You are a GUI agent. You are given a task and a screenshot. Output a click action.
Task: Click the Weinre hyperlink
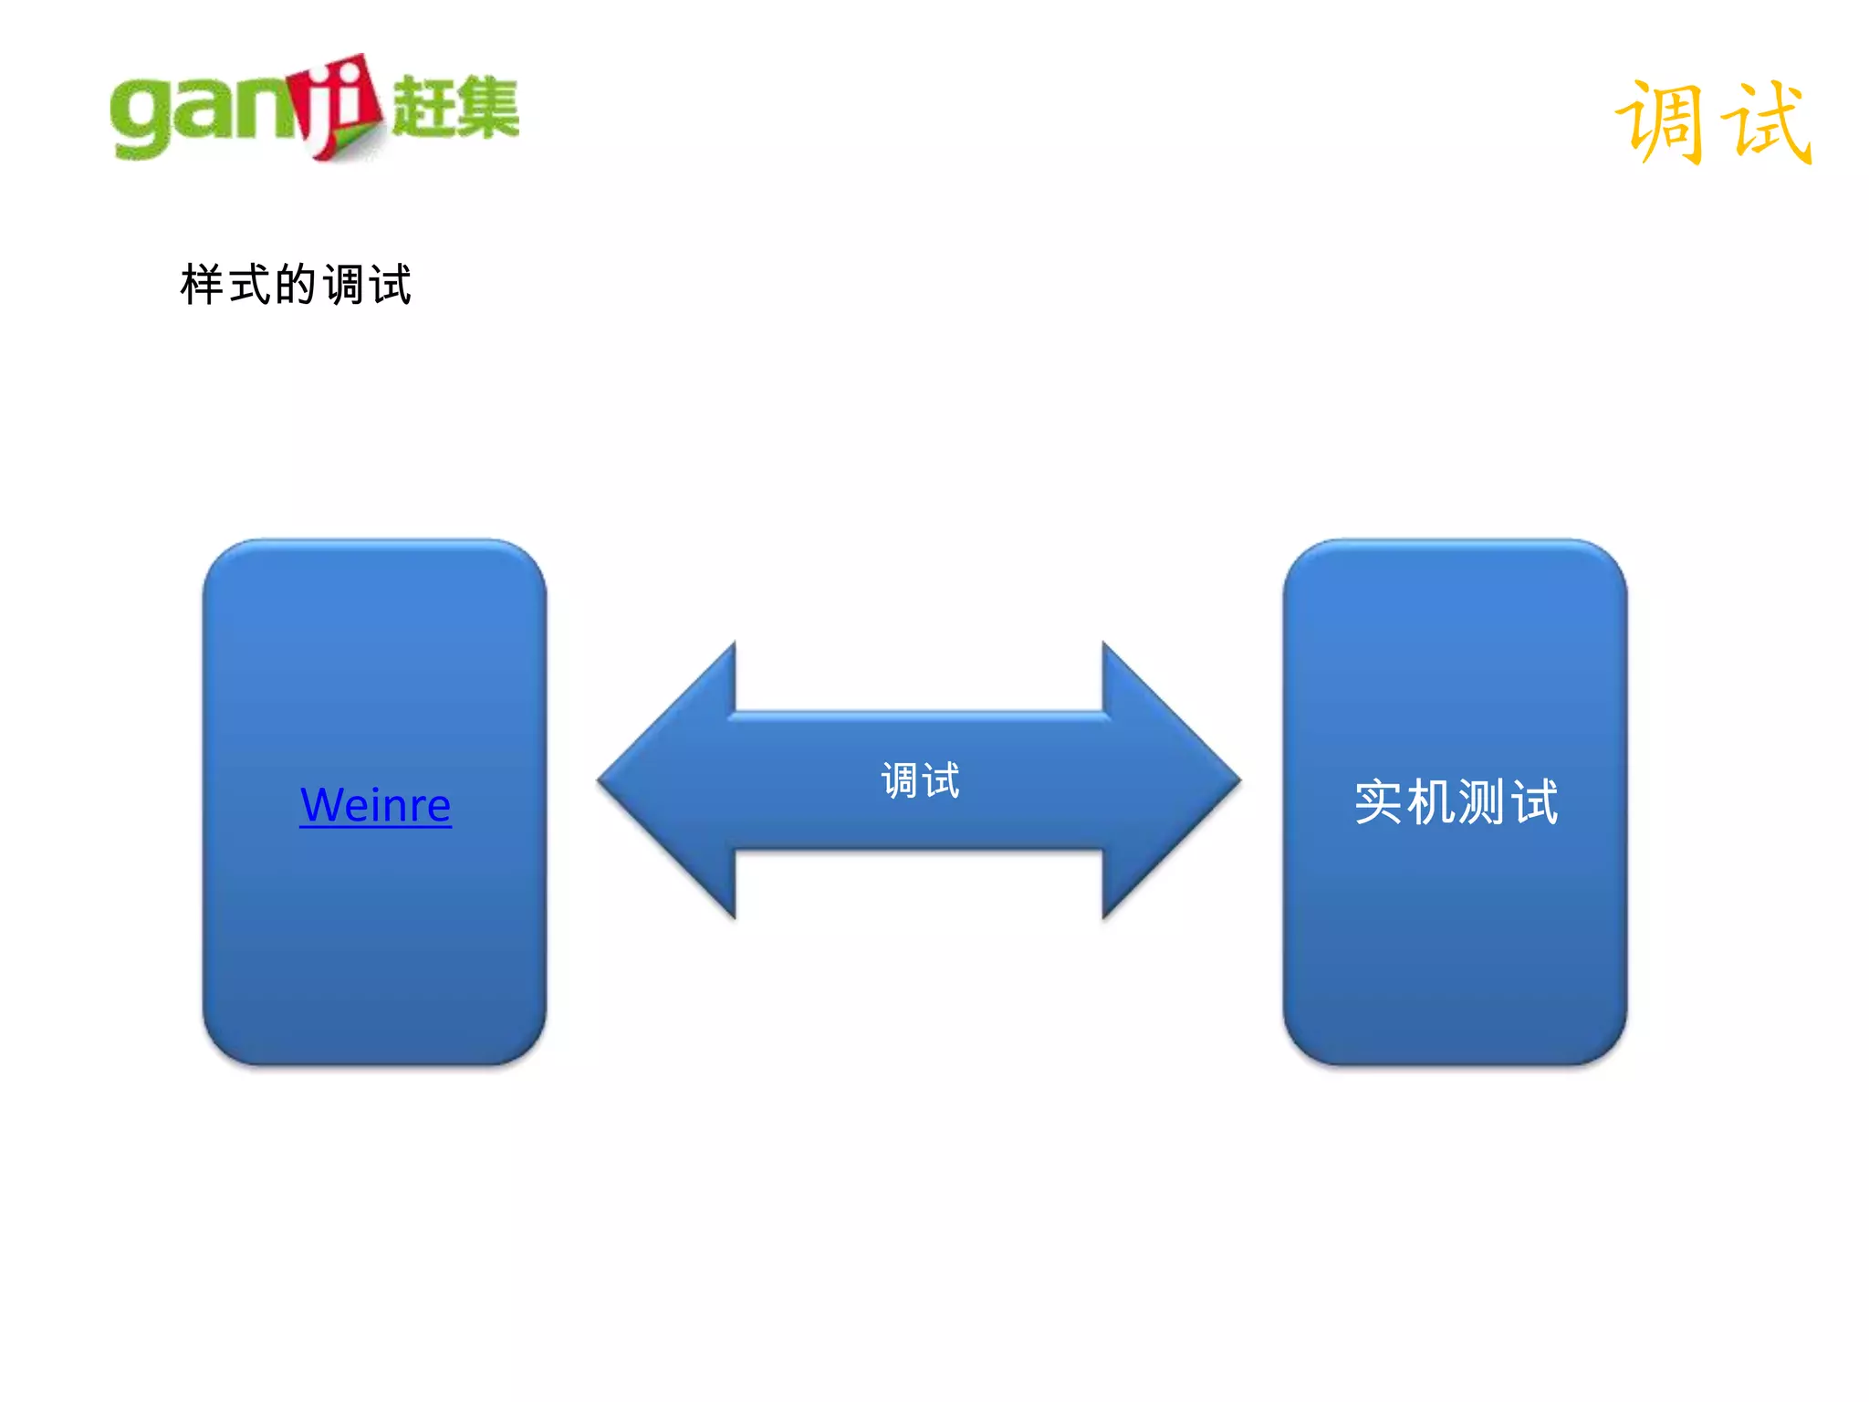375,805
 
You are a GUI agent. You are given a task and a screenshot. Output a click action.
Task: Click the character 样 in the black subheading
203,285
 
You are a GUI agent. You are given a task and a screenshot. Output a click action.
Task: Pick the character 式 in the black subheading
250,285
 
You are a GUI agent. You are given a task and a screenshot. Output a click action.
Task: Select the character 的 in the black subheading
296,285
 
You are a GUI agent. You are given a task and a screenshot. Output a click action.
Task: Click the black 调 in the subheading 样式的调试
344,285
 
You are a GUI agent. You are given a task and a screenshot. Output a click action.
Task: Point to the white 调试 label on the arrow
920,781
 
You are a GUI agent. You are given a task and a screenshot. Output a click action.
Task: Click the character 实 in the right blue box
1379,802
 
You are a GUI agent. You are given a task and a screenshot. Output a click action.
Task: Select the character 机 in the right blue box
1431,802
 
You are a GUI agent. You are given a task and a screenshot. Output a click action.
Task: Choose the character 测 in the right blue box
1482,802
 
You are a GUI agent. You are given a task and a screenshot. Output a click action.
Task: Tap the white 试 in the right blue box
1535,802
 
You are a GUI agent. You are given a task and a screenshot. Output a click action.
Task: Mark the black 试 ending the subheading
391,285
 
